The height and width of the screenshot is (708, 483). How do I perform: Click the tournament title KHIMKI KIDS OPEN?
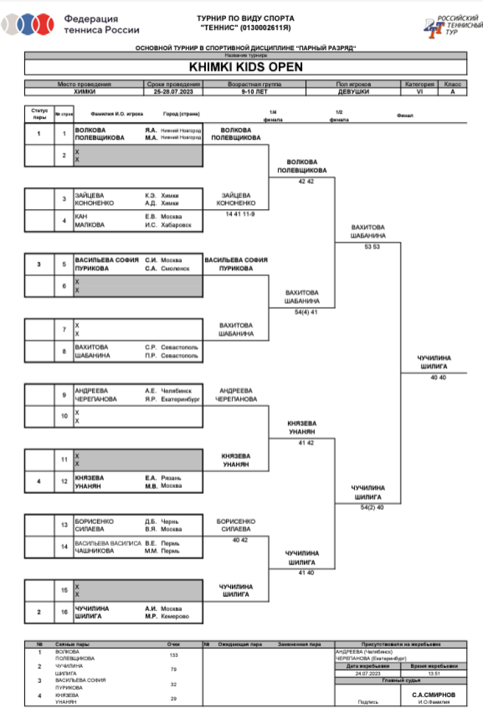coord(245,66)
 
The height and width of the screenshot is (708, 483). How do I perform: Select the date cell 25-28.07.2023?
coord(173,92)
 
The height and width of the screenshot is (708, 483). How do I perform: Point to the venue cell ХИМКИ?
coord(84,92)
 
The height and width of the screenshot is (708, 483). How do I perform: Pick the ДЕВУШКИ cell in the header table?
coord(353,92)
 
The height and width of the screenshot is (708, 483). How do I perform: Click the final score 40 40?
coord(438,377)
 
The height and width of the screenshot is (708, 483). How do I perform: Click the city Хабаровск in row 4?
coord(176,225)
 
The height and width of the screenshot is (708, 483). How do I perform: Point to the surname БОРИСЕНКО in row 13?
coord(94,521)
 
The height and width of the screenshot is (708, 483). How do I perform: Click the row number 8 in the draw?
coord(64,351)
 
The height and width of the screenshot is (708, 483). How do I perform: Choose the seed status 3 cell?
coord(39,264)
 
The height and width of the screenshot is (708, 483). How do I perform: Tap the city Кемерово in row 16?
coord(175,617)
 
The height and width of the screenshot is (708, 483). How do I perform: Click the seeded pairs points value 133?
coord(173,655)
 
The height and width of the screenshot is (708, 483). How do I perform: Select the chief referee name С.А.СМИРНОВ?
coord(433,695)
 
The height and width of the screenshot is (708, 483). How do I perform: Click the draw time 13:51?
coord(433,673)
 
